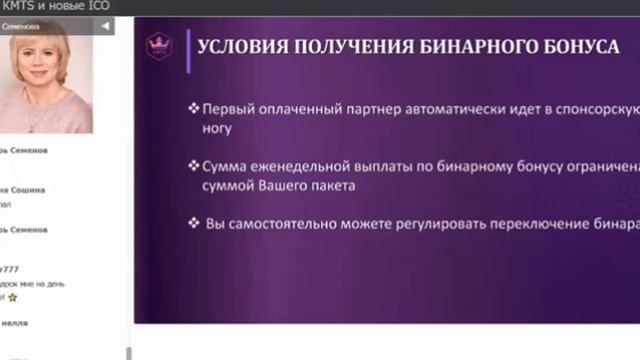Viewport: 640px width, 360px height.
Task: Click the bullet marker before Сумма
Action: pos(193,166)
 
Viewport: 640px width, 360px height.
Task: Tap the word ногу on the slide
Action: pos(217,128)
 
